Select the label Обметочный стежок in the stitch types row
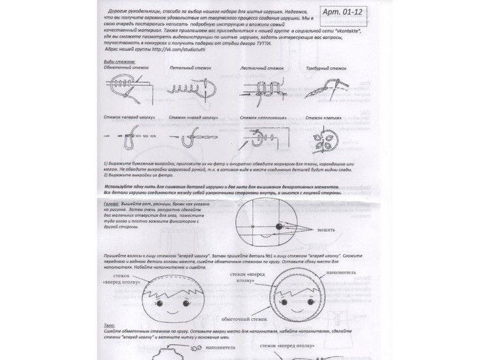(x=126, y=68)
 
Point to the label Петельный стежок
(x=189, y=68)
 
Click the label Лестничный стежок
(x=262, y=68)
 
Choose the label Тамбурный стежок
(x=326, y=68)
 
